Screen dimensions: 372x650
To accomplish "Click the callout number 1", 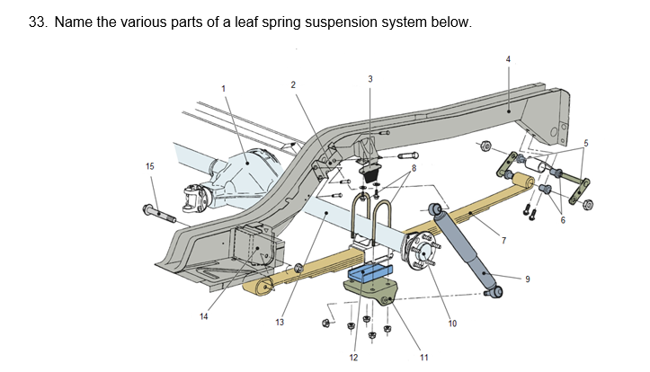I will coord(224,87).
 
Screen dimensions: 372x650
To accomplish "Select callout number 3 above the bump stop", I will coord(370,79).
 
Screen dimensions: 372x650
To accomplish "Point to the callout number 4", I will coord(508,59).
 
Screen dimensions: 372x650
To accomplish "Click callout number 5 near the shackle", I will coord(585,143).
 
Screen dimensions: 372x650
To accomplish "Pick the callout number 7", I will coord(503,240).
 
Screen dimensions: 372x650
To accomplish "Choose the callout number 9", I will coord(528,279).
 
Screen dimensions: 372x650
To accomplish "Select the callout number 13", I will coord(280,322).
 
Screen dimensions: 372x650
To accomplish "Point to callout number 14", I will coord(204,315).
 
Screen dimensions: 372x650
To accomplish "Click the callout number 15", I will coord(149,165).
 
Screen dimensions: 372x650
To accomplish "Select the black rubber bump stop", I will coord(369,172).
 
